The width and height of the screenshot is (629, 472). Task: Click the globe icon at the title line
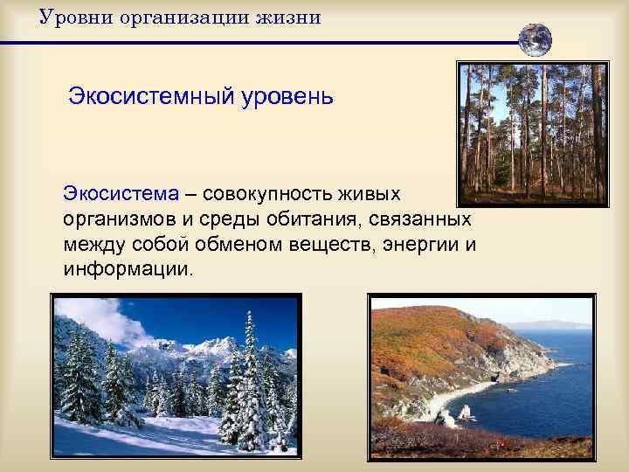(x=535, y=40)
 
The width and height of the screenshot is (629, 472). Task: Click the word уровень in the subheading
(x=281, y=94)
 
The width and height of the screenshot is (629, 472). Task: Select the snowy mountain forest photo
(x=175, y=376)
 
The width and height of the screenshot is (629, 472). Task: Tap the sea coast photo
(x=480, y=376)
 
